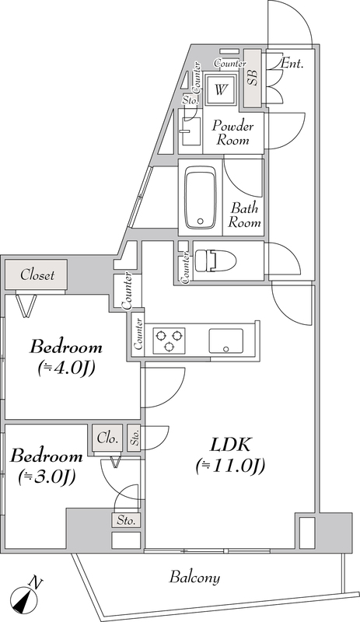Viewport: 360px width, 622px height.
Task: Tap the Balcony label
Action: click(195, 577)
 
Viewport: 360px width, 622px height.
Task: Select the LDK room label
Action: click(230, 445)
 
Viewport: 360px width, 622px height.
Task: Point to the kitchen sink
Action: click(225, 340)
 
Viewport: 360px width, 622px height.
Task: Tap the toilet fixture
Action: click(215, 261)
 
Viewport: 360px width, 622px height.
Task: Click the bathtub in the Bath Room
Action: click(201, 197)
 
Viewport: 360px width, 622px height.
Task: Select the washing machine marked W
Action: click(220, 89)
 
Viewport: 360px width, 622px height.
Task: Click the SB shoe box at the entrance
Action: click(253, 79)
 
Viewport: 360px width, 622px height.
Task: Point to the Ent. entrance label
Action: click(292, 63)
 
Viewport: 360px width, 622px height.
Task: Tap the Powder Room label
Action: click(232, 134)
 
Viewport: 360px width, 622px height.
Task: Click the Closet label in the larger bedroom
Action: click(37, 275)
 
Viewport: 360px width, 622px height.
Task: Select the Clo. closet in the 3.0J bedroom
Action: click(107, 439)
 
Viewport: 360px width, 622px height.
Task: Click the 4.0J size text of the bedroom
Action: click(66, 369)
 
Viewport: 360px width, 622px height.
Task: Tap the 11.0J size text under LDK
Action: click(230, 466)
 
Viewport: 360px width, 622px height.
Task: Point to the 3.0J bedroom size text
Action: click(47, 477)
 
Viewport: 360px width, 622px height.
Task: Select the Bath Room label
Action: click(244, 215)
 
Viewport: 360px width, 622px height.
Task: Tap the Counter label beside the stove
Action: click(138, 334)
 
